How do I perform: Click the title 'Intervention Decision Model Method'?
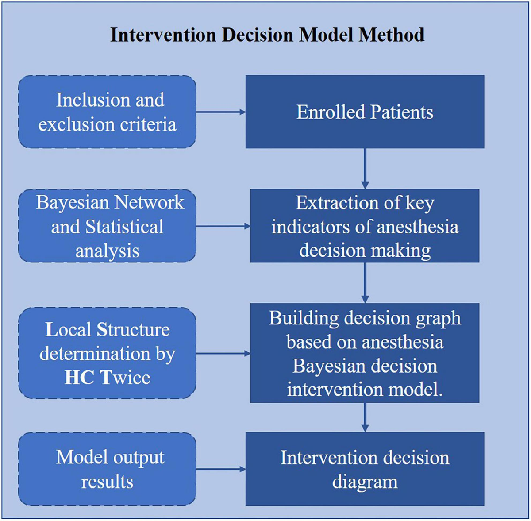pyautogui.click(x=267, y=35)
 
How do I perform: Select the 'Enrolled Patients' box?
pyautogui.click(x=365, y=112)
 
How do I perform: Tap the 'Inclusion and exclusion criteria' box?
pyautogui.click(x=107, y=112)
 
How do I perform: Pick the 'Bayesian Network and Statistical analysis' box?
pyautogui.click(x=107, y=226)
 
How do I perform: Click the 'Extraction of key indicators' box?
pyautogui.click(x=365, y=226)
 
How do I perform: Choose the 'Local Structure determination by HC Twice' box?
pyautogui.click(x=107, y=353)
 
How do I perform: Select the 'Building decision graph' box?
pyautogui.click(x=365, y=353)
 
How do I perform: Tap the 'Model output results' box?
pyautogui.click(x=107, y=469)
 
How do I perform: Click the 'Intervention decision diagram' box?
pyautogui.click(x=365, y=469)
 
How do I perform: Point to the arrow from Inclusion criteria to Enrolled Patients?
pyautogui.click(x=220, y=112)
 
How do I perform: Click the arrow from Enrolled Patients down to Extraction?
pyautogui.click(x=365, y=168)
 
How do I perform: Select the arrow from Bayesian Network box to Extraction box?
pyautogui.click(x=223, y=226)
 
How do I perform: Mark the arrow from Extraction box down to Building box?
pyautogui.click(x=365, y=282)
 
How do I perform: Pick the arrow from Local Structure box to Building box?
pyautogui.click(x=223, y=353)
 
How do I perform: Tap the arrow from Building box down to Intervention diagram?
pyautogui.click(x=365, y=417)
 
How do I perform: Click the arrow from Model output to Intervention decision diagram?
pyautogui.click(x=220, y=469)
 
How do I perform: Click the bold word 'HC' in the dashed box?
pyautogui.click(x=80, y=378)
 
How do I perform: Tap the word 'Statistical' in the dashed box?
pyautogui.click(x=124, y=227)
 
